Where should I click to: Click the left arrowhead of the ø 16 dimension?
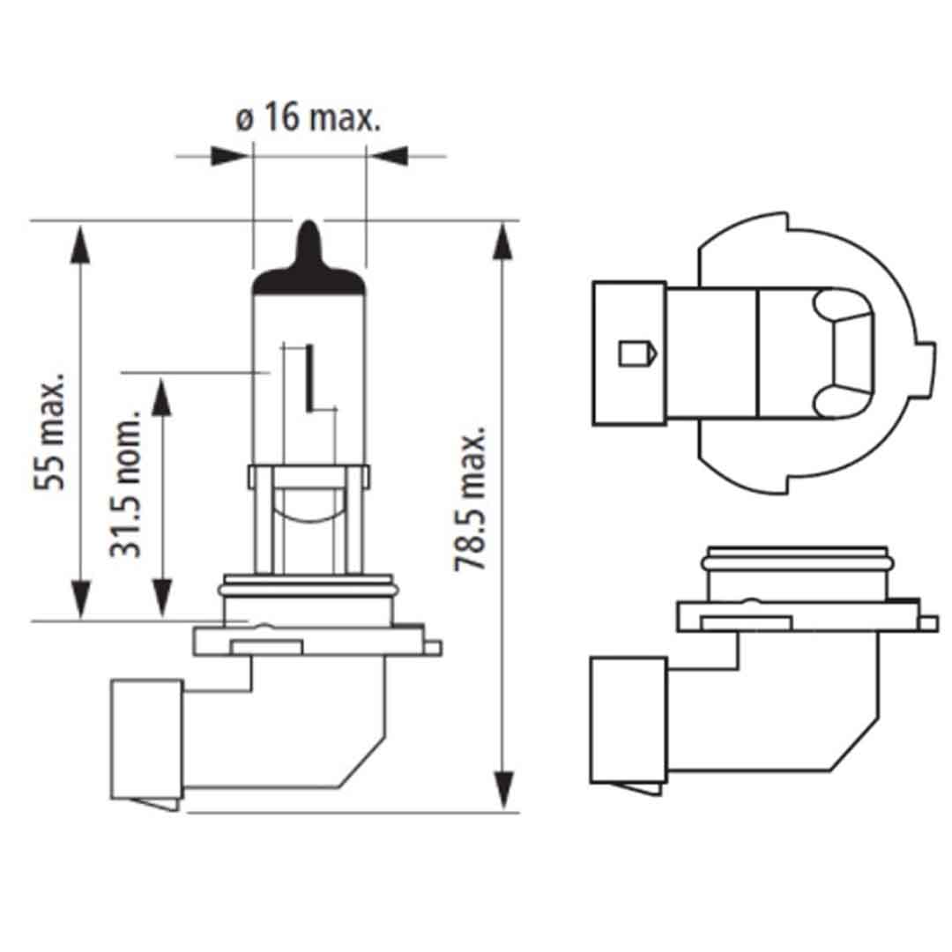point(229,157)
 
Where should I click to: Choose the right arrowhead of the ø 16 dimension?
point(389,157)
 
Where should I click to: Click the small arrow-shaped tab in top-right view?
point(636,353)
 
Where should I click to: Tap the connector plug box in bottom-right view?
point(627,719)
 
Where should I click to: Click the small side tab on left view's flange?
point(431,648)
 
